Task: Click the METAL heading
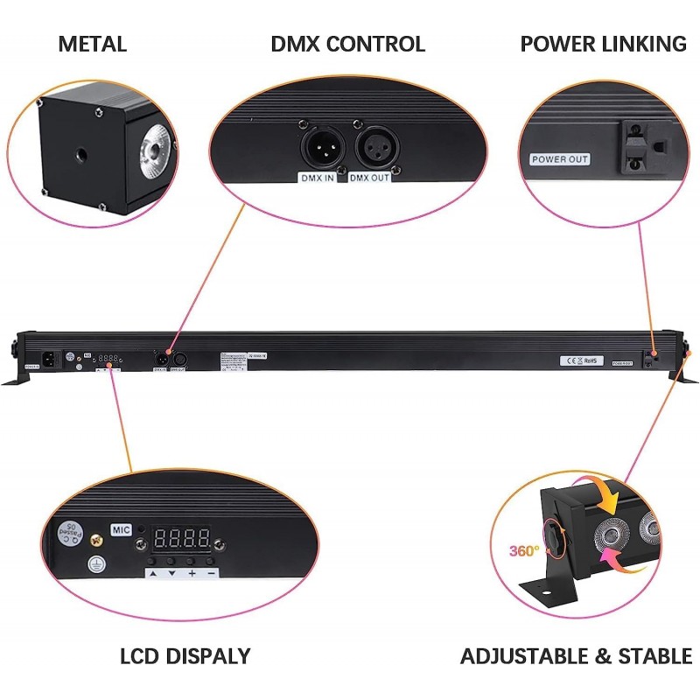92,44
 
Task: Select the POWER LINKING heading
603,44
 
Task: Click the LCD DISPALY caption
185,656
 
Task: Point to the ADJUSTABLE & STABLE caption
576,656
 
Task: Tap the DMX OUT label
369,177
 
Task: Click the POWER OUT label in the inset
560,159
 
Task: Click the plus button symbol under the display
192,573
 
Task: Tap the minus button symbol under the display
212,573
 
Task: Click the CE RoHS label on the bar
579,360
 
